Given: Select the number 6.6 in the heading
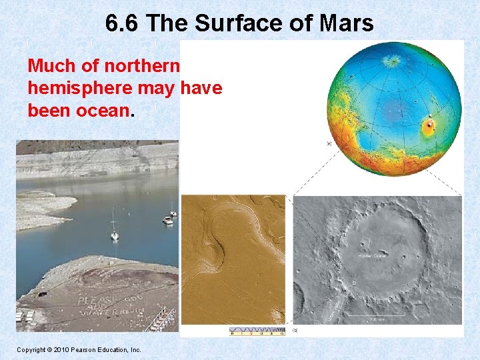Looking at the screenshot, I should pos(123,24).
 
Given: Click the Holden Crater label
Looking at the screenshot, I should pos(373,255).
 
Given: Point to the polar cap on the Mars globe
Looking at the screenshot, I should pos(393,61).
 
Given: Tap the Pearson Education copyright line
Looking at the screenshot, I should pos(79,349).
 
